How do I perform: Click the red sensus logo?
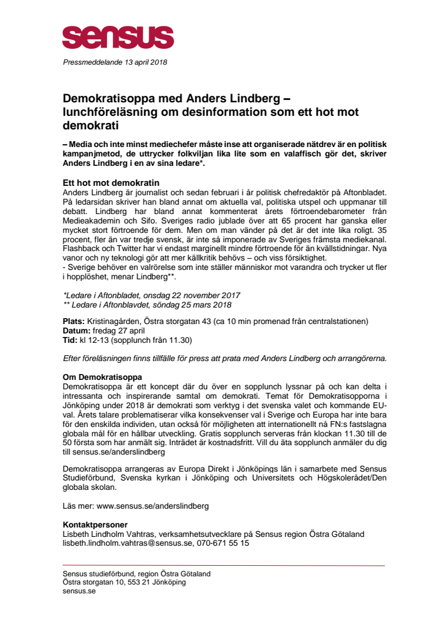pyautogui.click(x=118, y=37)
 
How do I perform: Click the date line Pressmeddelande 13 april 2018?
pyautogui.click(x=115, y=62)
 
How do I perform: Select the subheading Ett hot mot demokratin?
pyautogui.click(x=111, y=183)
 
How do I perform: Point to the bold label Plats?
pyautogui.click(x=74, y=321)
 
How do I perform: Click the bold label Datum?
pyautogui.click(x=77, y=330)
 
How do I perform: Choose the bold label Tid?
pyautogui.click(x=70, y=340)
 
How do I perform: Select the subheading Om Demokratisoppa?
pyautogui.click(x=103, y=376)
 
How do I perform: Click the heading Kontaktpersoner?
pyautogui.click(x=95, y=525)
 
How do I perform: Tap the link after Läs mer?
pyautogui.click(x=152, y=506)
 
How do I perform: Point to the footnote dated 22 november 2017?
pyautogui.click(x=152, y=295)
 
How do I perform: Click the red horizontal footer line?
pyautogui.click(x=224, y=565)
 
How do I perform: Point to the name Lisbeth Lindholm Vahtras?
pyautogui.click(x=111, y=534)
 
